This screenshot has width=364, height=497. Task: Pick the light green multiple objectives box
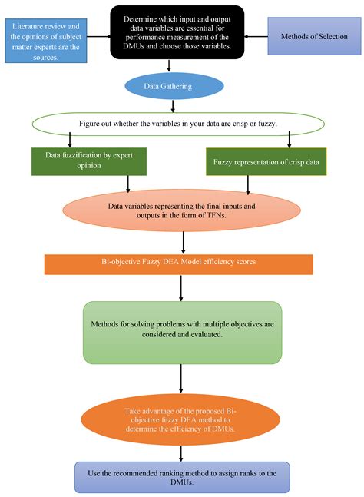(x=182, y=332)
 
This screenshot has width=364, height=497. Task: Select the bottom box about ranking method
(x=182, y=476)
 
